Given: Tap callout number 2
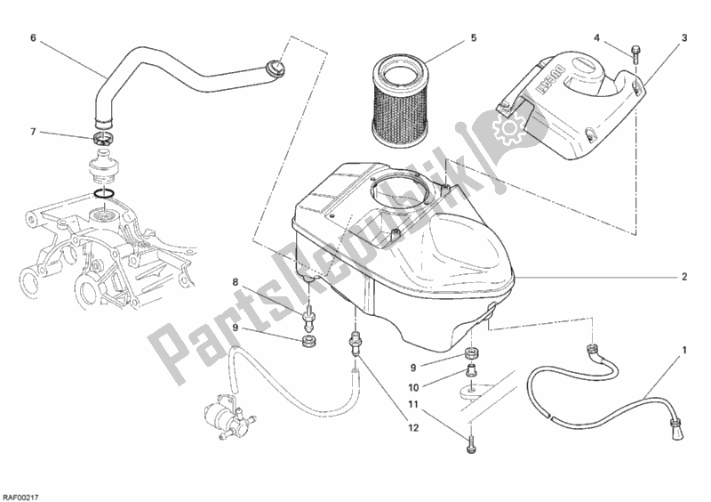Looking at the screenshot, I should [684, 277].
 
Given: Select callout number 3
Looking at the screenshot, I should [684, 37].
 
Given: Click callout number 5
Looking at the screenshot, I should [474, 37].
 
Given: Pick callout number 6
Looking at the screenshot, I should [33, 37].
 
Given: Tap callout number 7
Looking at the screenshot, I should [33, 132].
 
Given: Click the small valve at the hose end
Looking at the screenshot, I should [221, 417].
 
